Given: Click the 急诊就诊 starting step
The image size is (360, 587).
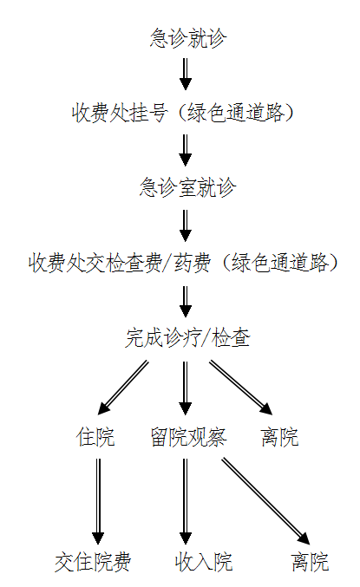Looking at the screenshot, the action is tap(188, 38).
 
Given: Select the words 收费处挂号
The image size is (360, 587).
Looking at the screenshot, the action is tap(119, 113).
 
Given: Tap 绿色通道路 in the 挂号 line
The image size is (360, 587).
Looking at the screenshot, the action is tap(235, 113).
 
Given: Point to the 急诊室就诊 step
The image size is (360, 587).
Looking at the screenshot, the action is tap(188, 187).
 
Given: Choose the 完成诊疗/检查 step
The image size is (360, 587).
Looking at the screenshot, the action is tap(187, 337).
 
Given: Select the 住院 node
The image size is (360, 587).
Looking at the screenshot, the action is tap(95, 437).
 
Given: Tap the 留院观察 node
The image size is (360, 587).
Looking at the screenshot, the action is tap(188, 437).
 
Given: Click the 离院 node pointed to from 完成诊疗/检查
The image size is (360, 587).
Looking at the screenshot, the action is tap(279, 437).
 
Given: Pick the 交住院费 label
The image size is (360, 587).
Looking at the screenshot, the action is tap(93, 562).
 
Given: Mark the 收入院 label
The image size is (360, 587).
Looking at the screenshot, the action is tap(204, 562).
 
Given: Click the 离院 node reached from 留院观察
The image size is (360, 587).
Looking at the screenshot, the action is tap(311, 562).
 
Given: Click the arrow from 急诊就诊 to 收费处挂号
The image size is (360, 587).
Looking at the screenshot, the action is tap(186, 74).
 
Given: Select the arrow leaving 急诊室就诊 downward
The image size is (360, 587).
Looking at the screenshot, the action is tap(186, 225).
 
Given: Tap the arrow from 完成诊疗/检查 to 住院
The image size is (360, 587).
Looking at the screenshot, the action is tap(123, 388).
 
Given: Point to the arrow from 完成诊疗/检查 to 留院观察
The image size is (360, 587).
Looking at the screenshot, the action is tap(186, 388).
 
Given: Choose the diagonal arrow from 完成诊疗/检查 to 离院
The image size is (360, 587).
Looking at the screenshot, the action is tap(241, 388).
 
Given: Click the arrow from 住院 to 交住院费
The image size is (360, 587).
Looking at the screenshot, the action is tap(98, 502).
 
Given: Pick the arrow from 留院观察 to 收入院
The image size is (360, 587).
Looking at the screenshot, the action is tap(186, 502).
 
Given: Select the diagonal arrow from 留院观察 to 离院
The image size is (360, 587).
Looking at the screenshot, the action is tap(266, 501).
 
